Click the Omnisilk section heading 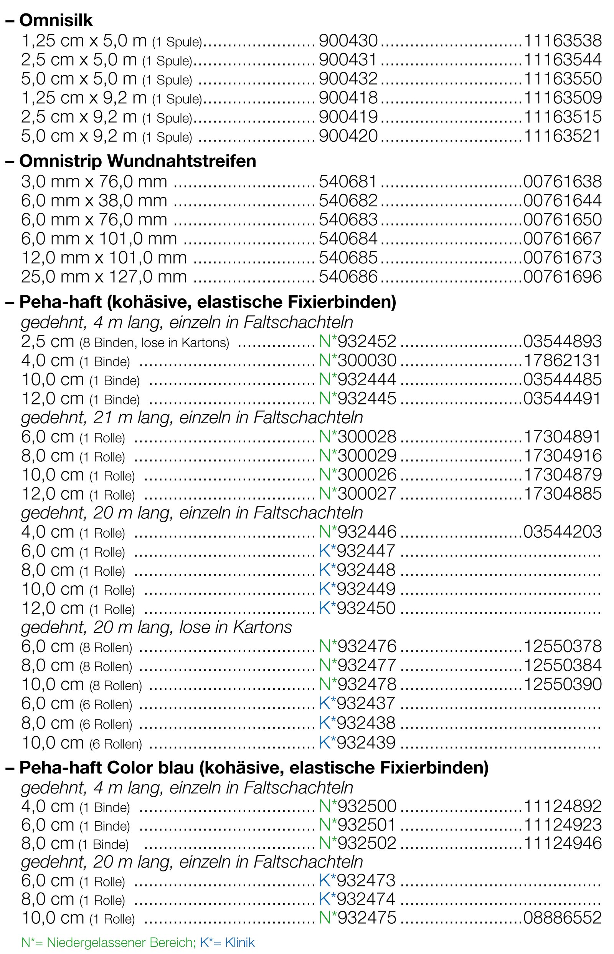(56, 20)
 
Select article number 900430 (348, 40)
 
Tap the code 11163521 (562, 136)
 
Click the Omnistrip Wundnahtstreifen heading (137, 161)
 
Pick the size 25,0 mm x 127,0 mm (104, 277)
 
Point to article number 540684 (348, 238)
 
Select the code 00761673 (562, 258)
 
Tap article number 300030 (367, 361)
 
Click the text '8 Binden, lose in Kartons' (154, 343)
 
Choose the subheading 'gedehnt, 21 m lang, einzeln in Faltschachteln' (192, 418)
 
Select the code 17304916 (562, 455)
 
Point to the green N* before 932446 (328, 532)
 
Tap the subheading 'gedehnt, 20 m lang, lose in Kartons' (156, 627)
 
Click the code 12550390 (562, 684)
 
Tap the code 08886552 (562, 918)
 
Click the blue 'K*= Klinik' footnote (227, 942)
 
